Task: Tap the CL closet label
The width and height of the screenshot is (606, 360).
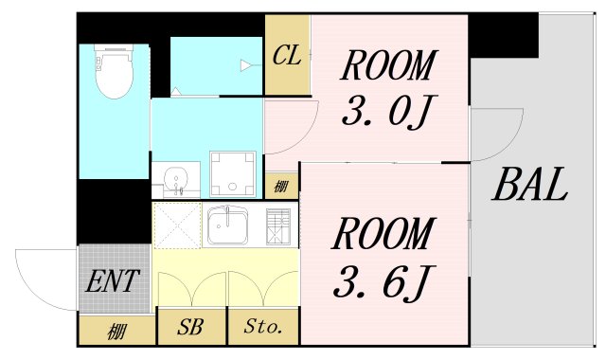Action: pos(286,56)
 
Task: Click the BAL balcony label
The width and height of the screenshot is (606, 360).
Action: pos(529,184)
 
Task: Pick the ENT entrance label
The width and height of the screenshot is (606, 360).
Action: pos(113,280)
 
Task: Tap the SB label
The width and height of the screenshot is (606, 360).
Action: pos(191,328)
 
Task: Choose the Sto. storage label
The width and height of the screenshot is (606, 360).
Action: pos(263,328)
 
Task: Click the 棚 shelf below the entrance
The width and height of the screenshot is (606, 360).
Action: pos(116,331)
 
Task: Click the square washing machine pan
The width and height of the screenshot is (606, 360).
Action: pos(228,172)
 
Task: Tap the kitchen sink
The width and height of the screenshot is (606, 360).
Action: pos(228,225)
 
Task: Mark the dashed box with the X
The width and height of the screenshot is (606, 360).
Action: pos(177,225)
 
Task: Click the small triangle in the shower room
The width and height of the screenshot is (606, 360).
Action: pos(246,65)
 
